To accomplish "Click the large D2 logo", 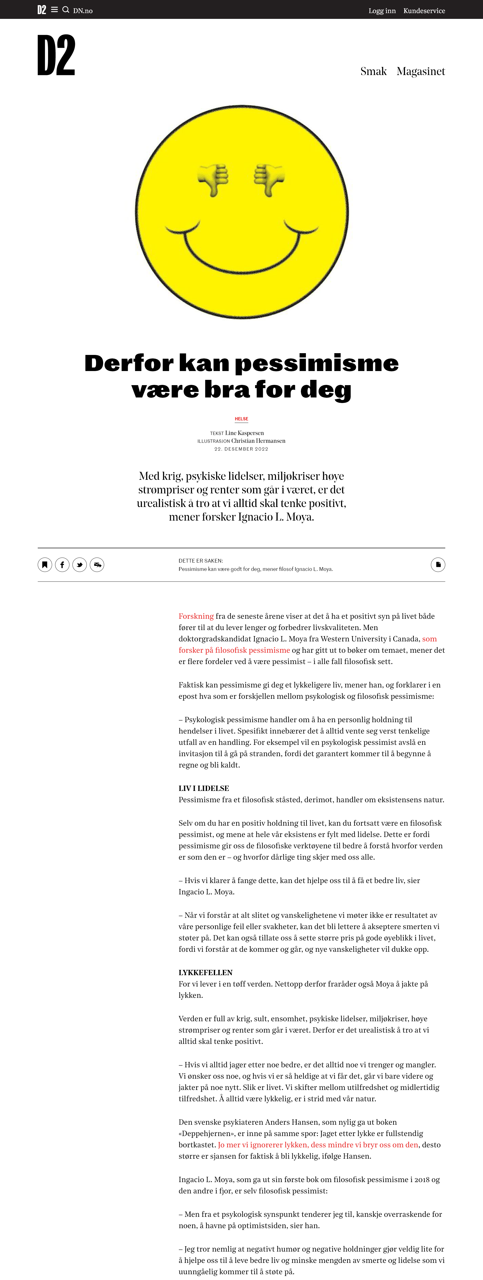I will click(56, 55).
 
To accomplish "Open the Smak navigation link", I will click(373, 71).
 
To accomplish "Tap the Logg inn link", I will click(382, 10).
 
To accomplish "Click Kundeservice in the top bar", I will click(424, 10).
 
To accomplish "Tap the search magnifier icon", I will click(65, 10).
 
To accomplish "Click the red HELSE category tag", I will click(241, 419).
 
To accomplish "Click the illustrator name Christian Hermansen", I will click(258, 441).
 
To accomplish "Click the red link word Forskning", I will click(196, 616).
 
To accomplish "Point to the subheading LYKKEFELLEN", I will click(206, 972).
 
